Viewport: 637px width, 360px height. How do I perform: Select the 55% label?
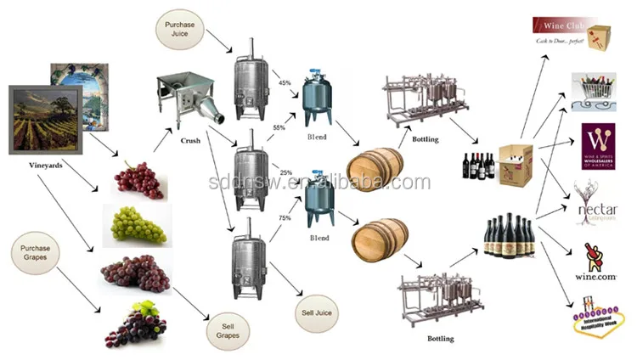click(279, 127)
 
